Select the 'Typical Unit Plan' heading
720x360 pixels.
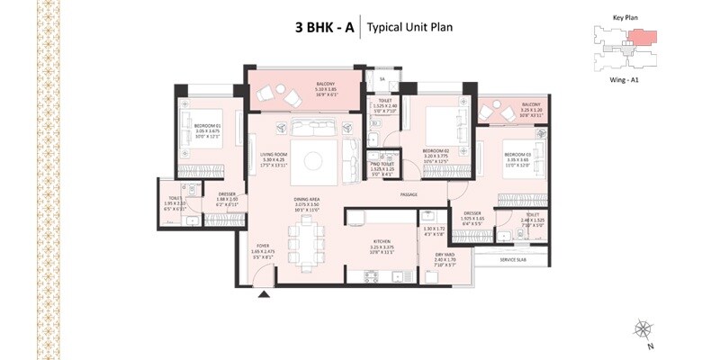(409, 27)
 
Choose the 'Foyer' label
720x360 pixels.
(263, 245)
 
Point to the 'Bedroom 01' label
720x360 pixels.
(208, 126)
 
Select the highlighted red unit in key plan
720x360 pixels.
(642, 37)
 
